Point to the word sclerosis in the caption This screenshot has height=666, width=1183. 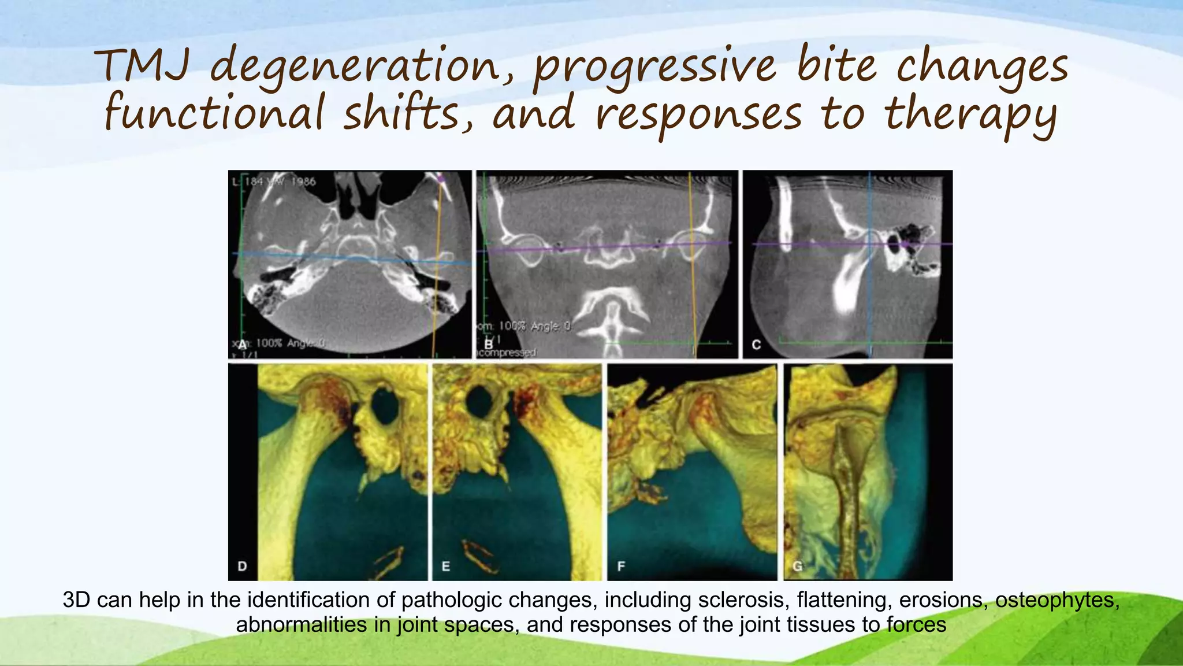pos(742,600)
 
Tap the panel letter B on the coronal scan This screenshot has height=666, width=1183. pos(489,345)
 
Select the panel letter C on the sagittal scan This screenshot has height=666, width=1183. pos(756,345)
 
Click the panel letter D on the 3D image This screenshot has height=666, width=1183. pos(243,566)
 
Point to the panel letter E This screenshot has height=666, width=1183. pos(446,566)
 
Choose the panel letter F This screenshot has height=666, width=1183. pos(622,566)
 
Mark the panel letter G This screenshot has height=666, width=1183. pos(798,566)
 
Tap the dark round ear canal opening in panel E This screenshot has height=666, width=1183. pos(479,402)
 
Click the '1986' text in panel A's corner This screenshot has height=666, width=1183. pos(303,182)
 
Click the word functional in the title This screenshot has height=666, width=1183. pos(214,114)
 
